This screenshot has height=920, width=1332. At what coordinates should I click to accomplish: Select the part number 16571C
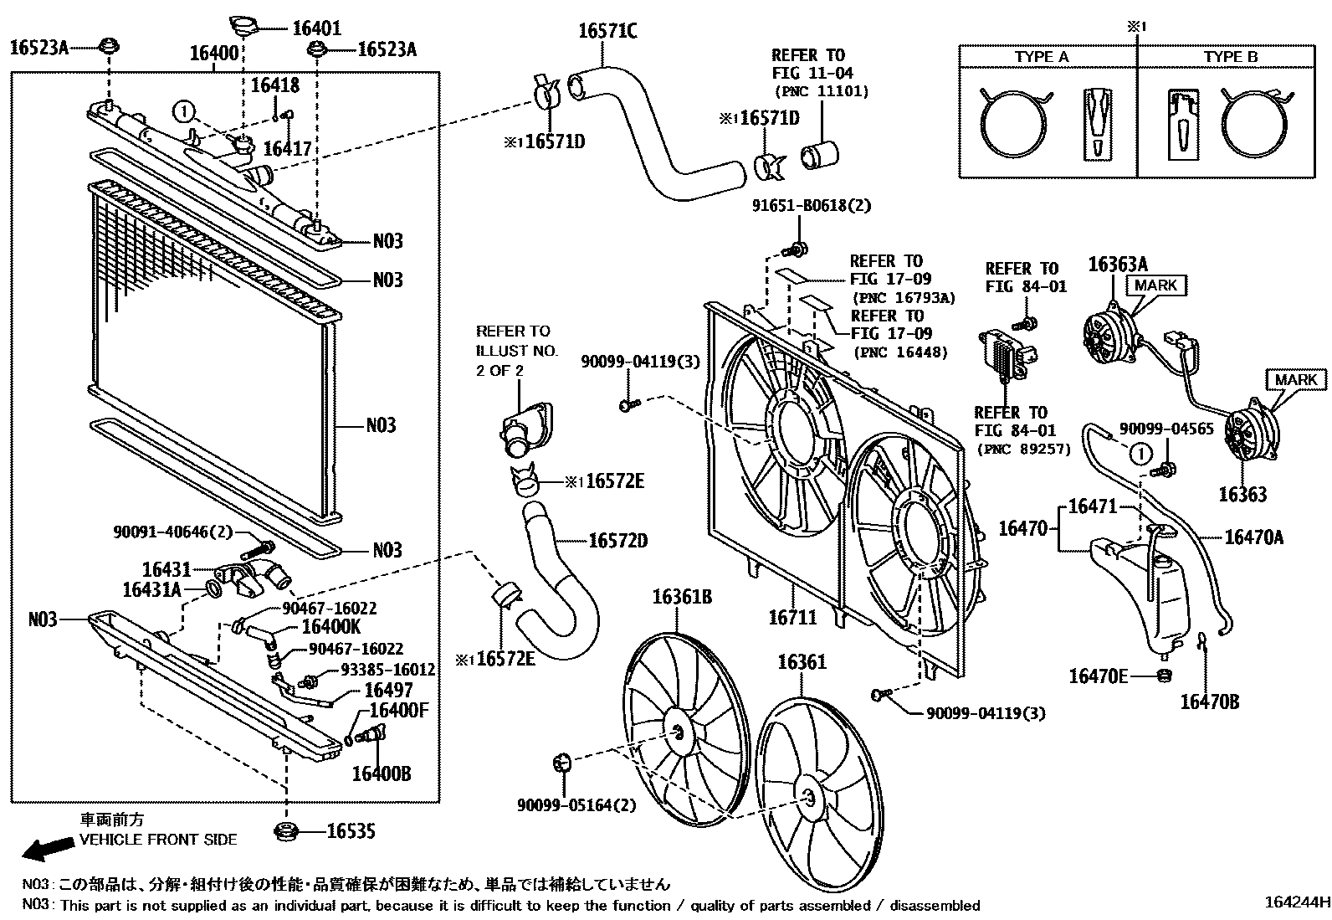[x=607, y=31]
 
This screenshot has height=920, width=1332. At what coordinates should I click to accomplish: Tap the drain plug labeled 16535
[x=286, y=831]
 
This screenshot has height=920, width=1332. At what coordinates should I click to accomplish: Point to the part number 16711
[x=793, y=618]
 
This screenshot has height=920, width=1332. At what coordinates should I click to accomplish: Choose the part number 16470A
[x=1253, y=537]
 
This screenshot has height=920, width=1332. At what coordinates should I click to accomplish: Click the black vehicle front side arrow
[x=47, y=849]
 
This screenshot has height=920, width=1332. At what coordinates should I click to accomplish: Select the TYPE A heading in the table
[x=1042, y=57]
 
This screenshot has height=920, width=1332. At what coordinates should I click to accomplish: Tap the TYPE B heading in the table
[x=1231, y=57]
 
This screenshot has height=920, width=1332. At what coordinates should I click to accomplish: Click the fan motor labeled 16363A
[x=1109, y=336]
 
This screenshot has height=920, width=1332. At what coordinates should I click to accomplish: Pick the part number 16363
[x=1242, y=494]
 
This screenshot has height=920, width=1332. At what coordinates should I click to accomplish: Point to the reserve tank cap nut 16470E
[x=1163, y=675]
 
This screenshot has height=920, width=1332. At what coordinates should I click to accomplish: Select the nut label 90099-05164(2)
[x=576, y=804]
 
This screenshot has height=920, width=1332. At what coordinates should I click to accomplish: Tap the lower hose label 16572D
[x=617, y=541]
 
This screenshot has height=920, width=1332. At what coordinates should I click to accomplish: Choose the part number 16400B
[x=381, y=773]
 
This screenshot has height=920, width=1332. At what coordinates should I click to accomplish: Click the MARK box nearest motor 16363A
[x=1155, y=285]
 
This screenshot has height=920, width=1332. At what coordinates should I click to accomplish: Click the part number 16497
[x=387, y=690]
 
